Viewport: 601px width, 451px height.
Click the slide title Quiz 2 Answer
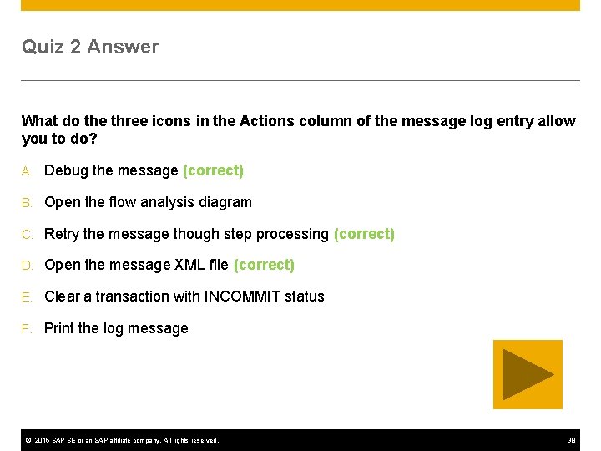[x=90, y=47]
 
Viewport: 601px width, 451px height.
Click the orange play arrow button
[x=528, y=374]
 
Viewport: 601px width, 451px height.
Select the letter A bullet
[x=27, y=171]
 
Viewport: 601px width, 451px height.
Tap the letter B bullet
[x=27, y=203]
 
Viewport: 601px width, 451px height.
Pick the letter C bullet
[x=27, y=235]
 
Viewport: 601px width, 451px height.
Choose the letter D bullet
[x=27, y=266]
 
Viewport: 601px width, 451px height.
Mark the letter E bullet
[x=27, y=297]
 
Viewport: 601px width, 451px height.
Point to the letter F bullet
[x=27, y=329]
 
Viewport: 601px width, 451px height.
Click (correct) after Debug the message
[x=213, y=170]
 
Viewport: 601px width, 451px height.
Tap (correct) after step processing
[x=364, y=234]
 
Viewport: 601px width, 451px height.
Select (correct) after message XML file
[x=264, y=265]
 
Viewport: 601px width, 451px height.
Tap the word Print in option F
[x=59, y=328]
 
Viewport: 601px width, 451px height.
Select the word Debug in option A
[x=66, y=170]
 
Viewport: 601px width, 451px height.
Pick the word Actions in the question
[x=263, y=121]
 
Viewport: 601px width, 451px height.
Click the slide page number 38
[x=571, y=440]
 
